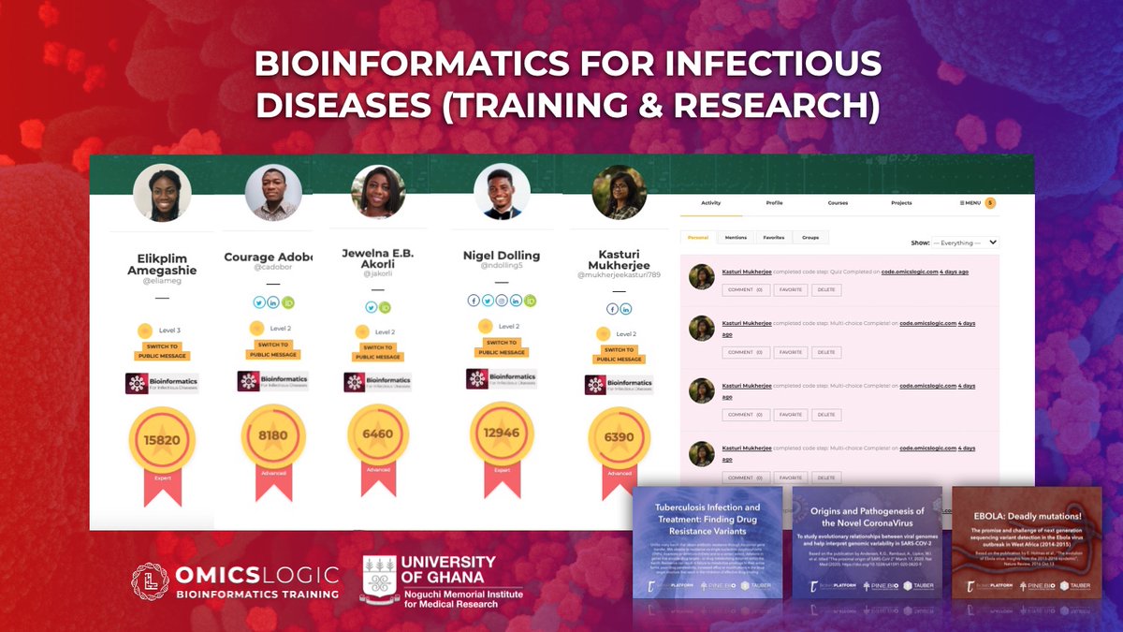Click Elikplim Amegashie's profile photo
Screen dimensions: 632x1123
coord(162,193)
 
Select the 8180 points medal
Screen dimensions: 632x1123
coord(273,434)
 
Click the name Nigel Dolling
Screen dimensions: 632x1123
coord(502,256)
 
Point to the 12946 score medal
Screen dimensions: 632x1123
coord(502,433)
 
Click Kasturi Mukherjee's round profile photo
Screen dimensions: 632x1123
coord(620,192)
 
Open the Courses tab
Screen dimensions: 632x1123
coord(838,202)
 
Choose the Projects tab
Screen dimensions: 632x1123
coord(901,202)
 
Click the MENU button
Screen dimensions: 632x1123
coord(970,202)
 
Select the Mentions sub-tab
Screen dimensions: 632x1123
coord(736,238)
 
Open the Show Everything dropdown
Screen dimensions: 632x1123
coord(965,243)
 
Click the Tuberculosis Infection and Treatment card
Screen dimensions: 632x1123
coord(707,543)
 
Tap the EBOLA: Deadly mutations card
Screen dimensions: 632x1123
coord(1027,543)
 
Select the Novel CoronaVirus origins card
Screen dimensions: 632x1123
coord(867,543)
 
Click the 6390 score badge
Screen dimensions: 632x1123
coord(620,436)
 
